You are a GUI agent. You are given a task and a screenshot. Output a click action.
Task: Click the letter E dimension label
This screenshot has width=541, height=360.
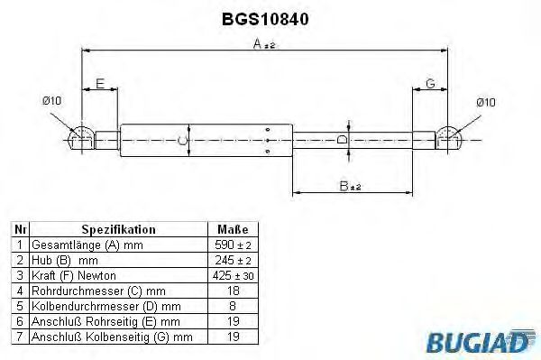click(100, 84)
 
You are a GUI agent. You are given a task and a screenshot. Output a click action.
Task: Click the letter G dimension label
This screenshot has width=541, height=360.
click(431, 84)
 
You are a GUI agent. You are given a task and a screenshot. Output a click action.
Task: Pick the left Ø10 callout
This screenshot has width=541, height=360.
click(51, 101)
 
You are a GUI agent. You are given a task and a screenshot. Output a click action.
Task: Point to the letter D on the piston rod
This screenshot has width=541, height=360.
click(340, 139)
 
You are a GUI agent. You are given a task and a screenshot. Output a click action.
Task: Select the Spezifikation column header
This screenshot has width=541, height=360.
click(119, 230)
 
